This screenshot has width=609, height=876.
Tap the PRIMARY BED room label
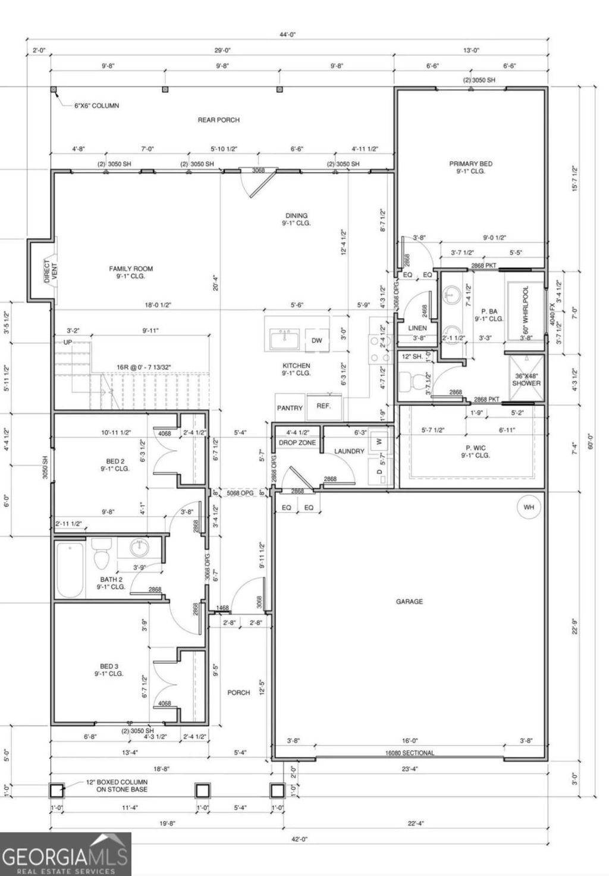pos(470,164)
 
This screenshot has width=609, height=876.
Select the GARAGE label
pos(409,601)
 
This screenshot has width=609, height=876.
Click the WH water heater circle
pos(529,507)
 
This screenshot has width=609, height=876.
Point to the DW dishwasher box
pos(316,341)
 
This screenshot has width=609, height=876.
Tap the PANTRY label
pos(290,408)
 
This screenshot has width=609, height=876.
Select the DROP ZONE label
pos(297,442)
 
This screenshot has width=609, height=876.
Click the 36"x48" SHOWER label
pos(526,379)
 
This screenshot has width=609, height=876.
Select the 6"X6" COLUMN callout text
pos(96,105)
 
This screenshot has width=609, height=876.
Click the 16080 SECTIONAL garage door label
pos(409,752)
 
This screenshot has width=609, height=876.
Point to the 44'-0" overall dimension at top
pos(288,34)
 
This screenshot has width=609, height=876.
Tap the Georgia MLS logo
pos(65,854)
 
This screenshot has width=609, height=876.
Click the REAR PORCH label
pos(218,120)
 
